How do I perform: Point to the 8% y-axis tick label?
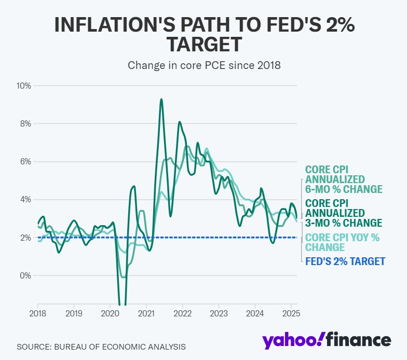click(25, 123)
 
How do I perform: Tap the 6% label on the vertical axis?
click(25, 161)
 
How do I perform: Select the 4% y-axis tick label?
click(25, 200)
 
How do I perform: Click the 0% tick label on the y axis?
click(25, 275)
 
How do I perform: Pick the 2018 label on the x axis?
click(38, 313)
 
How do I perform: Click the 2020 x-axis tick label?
click(110, 313)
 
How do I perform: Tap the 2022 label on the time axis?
click(183, 313)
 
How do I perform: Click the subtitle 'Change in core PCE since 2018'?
click(203, 65)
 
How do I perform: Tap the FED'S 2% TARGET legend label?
click(345, 261)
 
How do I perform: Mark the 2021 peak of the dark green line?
click(161, 99)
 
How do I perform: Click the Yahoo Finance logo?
click(326, 340)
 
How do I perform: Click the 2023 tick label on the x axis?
click(219, 313)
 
